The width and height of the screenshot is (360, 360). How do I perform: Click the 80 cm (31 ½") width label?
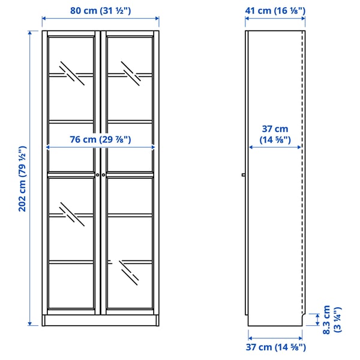100,11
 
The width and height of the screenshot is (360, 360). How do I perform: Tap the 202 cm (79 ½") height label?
22,179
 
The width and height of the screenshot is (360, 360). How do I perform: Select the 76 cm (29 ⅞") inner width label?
100,139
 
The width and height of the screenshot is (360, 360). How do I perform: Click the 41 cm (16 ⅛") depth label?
275,11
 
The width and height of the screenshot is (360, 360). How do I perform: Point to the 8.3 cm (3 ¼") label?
332,320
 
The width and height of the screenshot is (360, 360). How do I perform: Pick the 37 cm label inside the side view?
275,134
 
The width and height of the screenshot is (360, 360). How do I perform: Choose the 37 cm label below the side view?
276,347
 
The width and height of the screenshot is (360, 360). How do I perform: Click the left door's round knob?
98,175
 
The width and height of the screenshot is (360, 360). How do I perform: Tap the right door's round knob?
104,175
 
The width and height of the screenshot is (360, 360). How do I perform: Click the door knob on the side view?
244,175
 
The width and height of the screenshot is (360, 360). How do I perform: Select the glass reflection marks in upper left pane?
71,73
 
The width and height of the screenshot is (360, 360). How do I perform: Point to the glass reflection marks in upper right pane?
131,73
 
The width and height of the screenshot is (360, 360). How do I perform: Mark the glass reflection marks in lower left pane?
71,214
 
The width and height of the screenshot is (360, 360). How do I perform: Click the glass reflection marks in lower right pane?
129,272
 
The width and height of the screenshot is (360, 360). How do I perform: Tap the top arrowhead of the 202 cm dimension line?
30,32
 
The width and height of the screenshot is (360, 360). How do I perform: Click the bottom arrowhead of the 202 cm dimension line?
30,323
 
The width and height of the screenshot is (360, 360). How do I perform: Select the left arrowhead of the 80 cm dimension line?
44,19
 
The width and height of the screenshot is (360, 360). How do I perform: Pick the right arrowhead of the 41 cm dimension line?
303,19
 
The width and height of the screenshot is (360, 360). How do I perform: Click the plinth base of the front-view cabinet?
101,320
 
